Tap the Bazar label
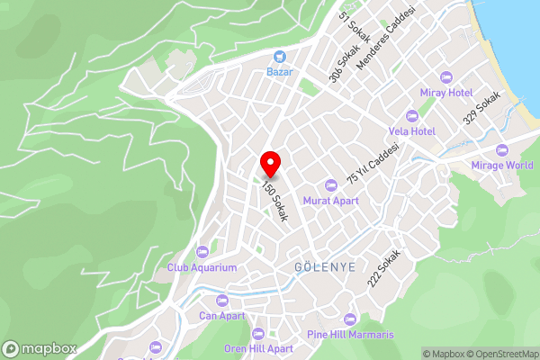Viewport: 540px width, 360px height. coord(279,71)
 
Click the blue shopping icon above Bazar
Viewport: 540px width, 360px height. coord(279,56)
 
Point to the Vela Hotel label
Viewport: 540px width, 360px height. coord(414,131)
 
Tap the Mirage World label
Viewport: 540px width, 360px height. coord(502,166)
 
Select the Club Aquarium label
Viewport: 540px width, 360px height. coord(202,267)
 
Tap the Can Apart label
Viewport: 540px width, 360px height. coord(221,317)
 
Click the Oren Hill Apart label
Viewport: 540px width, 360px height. coord(259,348)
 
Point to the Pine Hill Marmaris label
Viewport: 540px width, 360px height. coord(352,335)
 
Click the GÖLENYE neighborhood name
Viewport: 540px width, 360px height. coord(325,268)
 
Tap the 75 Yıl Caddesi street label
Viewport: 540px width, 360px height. coord(373,163)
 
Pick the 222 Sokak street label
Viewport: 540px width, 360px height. coord(382,268)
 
